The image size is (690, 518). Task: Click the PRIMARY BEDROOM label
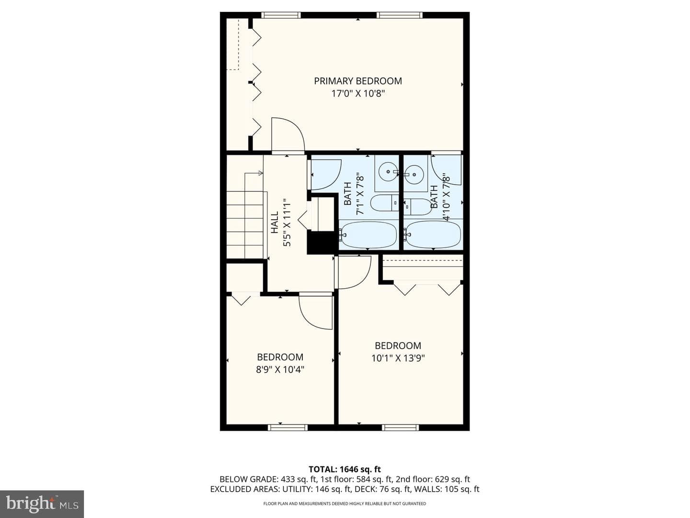point(358,81)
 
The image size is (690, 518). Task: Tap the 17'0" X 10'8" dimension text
point(358,94)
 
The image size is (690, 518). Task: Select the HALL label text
point(275,222)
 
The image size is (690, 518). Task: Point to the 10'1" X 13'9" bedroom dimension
point(398,358)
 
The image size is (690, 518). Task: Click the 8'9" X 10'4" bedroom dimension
point(280,369)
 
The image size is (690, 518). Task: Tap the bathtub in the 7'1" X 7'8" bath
point(368,235)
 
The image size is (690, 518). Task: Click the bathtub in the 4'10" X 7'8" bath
point(433,235)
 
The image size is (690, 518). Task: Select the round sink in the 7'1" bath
point(389,172)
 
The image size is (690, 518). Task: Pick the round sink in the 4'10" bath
point(414,174)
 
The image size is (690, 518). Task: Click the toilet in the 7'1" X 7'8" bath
point(385,203)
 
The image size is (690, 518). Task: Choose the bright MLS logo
point(42,504)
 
